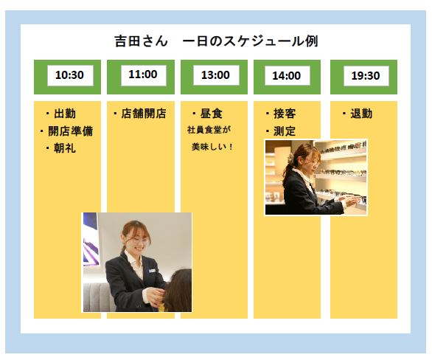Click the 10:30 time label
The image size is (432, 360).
[x=69, y=75]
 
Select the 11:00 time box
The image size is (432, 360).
[x=143, y=75]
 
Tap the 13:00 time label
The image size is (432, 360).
[x=215, y=75]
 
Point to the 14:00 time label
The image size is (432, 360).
[x=287, y=75]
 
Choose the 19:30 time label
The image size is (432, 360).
[x=366, y=75]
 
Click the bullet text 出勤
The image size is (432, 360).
[x=65, y=114]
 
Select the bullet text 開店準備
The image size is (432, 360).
[x=71, y=131]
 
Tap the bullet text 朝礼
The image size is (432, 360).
[x=65, y=148]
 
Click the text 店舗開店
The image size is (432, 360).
[x=144, y=114]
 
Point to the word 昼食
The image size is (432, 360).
[x=212, y=114]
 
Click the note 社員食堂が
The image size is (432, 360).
[x=209, y=130]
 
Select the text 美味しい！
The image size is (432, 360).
[x=212, y=147]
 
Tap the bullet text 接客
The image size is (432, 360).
[x=285, y=114]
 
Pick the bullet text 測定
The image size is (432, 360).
[x=285, y=131]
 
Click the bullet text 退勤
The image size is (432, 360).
[x=361, y=114]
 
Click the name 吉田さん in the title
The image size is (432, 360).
[x=141, y=41]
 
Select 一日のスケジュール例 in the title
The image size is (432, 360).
[x=251, y=41]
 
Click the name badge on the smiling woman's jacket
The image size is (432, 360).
[x=152, y=271]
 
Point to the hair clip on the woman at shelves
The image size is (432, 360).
[x=291, y=158]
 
